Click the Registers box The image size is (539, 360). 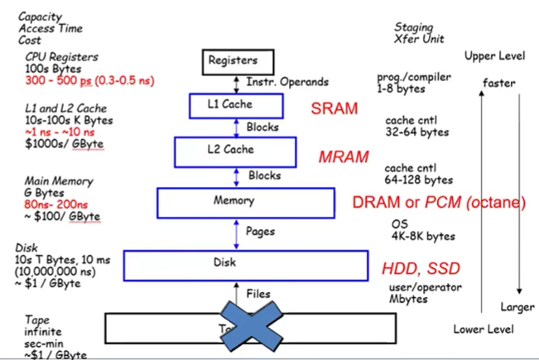pyautogui.click(x=233, y=60)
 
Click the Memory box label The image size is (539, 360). pyautogui.click(x=245, y=201)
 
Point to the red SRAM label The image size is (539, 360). pyautogui.click(x=334, y=108)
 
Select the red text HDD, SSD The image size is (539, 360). pyautogui.click(x=421, y=269)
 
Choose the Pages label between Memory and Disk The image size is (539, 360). pyautogui.click(x=263, y=232)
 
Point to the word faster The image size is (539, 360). pyautogui.click(x=499, y=82)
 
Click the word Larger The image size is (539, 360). pyautogui.click(x=517, y=308)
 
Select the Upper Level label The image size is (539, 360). pyautogui.click(x=494, y=56)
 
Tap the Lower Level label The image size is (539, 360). pyautogui.click(x=484, y=329)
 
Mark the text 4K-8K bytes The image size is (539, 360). pyautogui.click(x=422, y=236)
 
